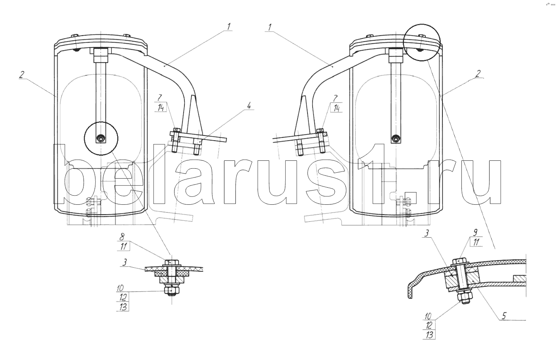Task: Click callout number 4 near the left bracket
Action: coord(249,106)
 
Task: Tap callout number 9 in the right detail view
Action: coord(475,233)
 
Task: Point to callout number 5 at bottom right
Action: coord(504,316)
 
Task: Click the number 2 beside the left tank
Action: coord(22,74)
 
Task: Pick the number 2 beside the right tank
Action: coord(478,74)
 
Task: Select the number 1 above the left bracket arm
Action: coord(228,26)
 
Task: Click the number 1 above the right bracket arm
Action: coord(269,27)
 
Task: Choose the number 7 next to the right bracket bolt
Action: coord(335,98)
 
